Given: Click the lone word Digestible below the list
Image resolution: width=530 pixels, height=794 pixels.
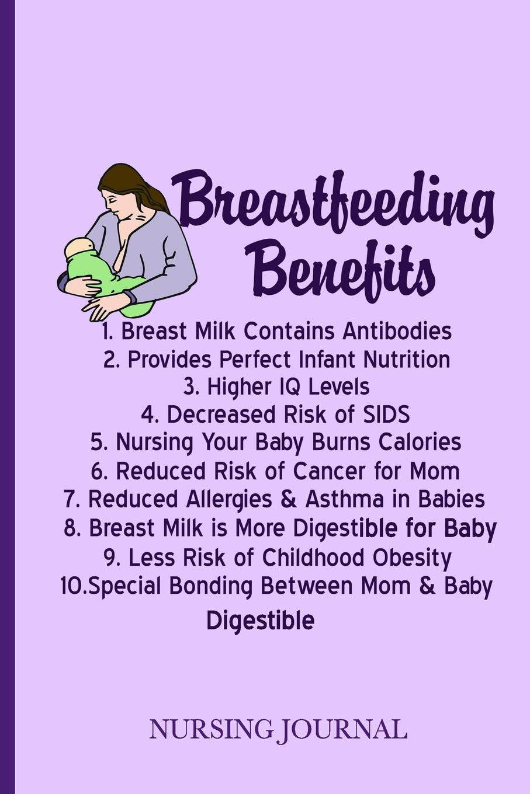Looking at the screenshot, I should tap(260, 620).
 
